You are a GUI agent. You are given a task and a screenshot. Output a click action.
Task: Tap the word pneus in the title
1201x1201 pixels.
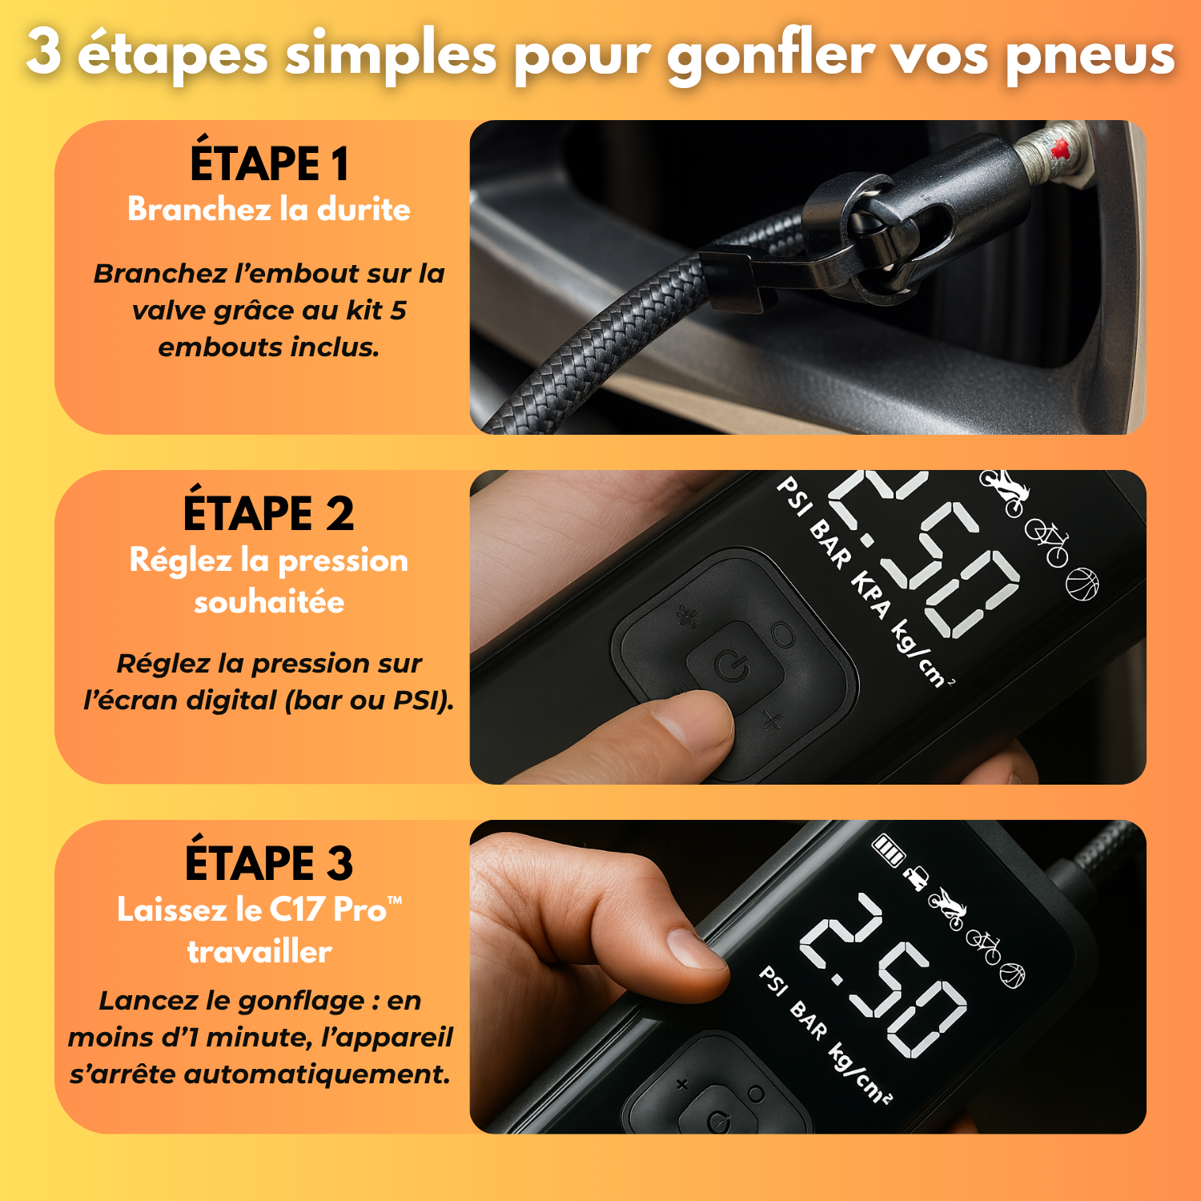tap(1090, 56)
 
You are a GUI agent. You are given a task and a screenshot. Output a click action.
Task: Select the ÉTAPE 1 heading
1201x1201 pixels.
tap(269, 163)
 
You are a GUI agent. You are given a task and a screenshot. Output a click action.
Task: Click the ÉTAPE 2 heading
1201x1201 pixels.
tap(269, 513)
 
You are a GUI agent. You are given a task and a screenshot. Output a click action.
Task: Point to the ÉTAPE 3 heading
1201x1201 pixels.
tap(269, 863)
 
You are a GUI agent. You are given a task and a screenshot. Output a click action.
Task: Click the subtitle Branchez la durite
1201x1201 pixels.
tap(269, 210)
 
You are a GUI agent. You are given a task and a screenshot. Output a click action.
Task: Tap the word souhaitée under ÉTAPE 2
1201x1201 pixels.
tap(269, 602)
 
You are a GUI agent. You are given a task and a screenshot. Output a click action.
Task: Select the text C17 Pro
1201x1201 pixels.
tap(328, 910)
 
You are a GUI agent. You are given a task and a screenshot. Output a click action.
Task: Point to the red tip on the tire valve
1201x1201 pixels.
tap(1061, 148)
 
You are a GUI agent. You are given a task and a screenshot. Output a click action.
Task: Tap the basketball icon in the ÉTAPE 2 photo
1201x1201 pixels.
tap(1082, 584)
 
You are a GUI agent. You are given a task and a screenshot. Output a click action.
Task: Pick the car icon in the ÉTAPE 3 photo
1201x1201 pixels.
tap(915, 878)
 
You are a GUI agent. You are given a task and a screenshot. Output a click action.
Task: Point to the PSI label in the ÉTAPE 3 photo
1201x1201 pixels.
tap(773, 981)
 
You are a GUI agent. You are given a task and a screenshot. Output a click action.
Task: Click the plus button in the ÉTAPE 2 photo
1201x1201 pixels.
tap(772, 721)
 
